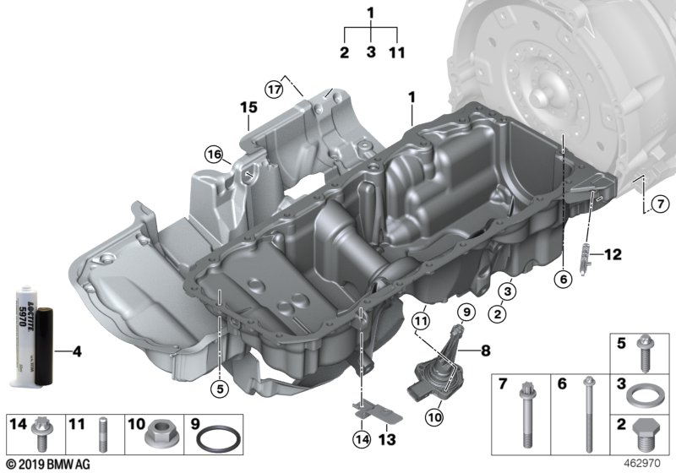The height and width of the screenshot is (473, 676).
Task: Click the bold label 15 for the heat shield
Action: (247, 108)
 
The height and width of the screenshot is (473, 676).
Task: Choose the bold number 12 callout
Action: (611, 253)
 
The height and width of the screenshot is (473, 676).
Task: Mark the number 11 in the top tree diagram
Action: (396, 52)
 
